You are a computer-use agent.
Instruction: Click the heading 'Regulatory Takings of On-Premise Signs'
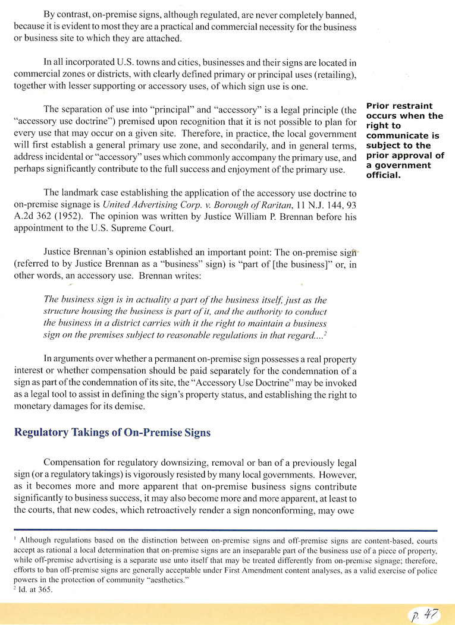click(x=112, y=433)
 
